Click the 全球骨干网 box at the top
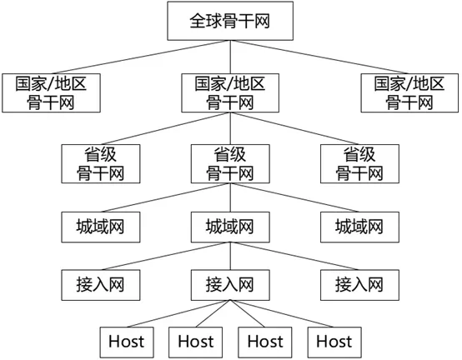[230, 22]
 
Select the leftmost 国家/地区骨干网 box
[52, 92]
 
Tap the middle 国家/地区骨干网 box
[230, 92]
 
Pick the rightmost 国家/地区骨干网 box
[409, 92]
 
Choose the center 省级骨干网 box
[230, 163]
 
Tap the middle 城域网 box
[230, 227]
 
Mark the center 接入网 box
[230, 283]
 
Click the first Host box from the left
[126, 340]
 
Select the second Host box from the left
[195, 340]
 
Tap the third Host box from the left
[264, 340]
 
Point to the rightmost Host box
[334, 340]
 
